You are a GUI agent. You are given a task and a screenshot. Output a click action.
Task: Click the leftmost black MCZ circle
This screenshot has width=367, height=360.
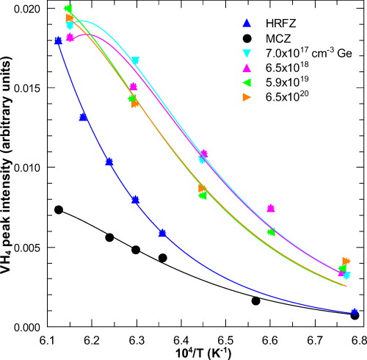[59, 210]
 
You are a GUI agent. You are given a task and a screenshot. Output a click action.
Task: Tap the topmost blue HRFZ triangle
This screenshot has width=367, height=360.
[59, 40]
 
